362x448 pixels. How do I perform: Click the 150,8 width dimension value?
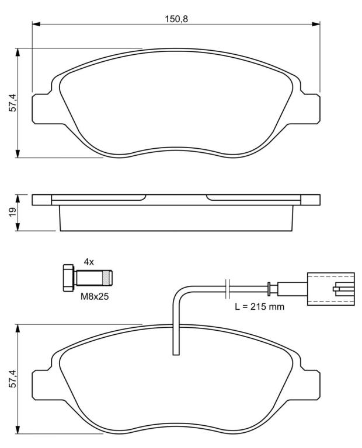[176, 19]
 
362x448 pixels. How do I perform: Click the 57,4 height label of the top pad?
[13, 103]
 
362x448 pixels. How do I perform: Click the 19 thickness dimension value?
[13, 212]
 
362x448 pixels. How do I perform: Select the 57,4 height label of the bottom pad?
[13, 379]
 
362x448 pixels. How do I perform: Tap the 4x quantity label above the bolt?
[89, 261]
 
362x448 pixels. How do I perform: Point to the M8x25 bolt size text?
[95, 296]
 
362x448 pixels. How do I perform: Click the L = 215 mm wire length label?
[260, 307]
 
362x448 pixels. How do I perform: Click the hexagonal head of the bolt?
[68, 278]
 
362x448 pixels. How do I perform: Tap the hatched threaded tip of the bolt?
[107, 278]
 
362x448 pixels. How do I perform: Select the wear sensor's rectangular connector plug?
[331, 289]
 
